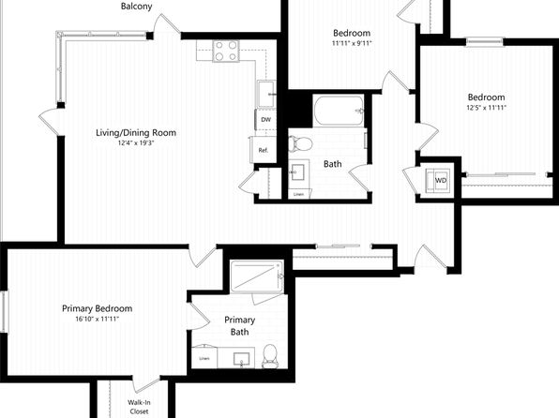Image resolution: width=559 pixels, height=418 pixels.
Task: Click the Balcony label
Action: point(137,6)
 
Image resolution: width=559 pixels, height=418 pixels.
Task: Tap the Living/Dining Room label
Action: point(136,133)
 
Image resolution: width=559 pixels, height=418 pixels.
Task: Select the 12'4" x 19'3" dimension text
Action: point(136,143)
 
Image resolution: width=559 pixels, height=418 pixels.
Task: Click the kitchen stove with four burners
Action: point(226,51)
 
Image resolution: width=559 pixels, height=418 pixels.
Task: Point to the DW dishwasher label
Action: point(266,120)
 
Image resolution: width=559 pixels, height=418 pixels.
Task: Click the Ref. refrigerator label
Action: point(264,150)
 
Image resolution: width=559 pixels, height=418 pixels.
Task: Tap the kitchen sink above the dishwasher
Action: point(266,94)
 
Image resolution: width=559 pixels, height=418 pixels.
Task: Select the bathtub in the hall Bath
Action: point(339,111)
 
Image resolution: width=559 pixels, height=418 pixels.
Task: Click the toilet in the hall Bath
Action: point(300,143)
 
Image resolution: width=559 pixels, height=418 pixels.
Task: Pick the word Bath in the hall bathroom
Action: point(333,164)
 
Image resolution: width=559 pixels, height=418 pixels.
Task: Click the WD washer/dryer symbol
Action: point(440,181)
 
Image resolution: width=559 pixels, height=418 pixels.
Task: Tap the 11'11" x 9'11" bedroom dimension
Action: point(352,44)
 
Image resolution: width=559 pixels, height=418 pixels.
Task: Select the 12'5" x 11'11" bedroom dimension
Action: point(486,108)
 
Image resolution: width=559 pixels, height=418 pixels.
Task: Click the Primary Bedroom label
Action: point(97,308)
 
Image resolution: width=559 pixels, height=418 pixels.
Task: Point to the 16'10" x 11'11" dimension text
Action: point(97,319)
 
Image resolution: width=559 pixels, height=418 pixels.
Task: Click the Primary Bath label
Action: point(239,326)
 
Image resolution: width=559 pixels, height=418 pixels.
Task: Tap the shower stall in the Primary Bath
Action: point(257,276)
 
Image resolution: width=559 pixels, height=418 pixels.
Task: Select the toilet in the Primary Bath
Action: point(269,355)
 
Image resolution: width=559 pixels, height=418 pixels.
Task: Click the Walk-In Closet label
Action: point(139,407)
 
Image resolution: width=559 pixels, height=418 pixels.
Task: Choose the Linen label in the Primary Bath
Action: point(204,359)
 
